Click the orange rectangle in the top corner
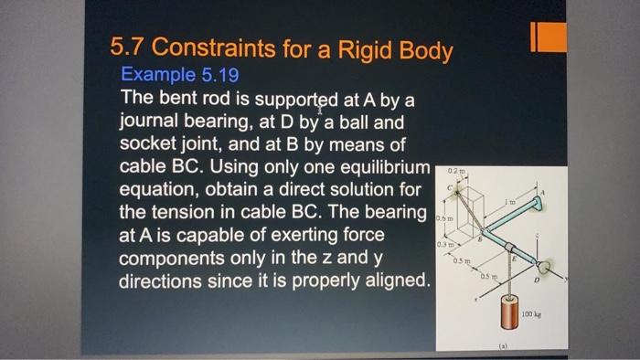click(548, 37)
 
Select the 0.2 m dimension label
click(457, 169)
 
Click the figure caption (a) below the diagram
click(501, 347)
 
